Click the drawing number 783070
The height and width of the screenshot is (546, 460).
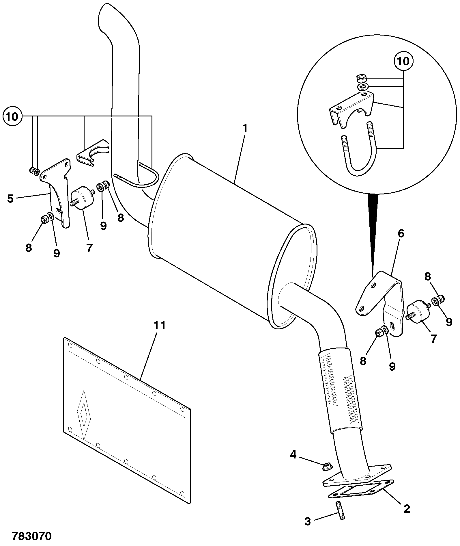[32, 536]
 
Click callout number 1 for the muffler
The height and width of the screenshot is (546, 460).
[245, 129]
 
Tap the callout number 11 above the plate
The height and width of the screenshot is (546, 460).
[160, 325]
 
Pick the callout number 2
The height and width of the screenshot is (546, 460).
[407, 509]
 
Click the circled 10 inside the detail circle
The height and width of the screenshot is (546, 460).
[403, 61]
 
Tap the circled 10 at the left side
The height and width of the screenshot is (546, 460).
[12, 117]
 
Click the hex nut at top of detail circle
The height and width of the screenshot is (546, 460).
[361, 78]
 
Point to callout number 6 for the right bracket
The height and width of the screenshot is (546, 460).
[401, 233]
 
